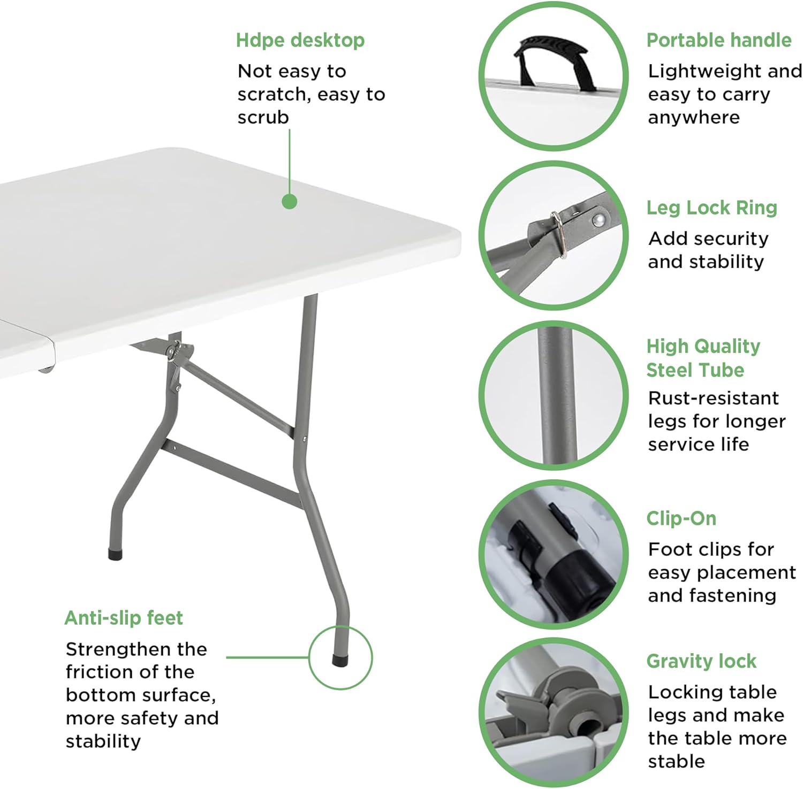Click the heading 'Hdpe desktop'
(300, 41)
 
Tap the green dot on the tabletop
(290, 202)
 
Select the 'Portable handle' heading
(718, 41)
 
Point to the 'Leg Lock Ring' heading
(711, 208)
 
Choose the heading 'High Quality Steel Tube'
(702, 358)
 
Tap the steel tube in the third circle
(555, 396)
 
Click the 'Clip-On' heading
(681, 518)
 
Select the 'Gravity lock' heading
(701, 661)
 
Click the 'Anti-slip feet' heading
(124, 618)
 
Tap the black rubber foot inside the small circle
(340, 661)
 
